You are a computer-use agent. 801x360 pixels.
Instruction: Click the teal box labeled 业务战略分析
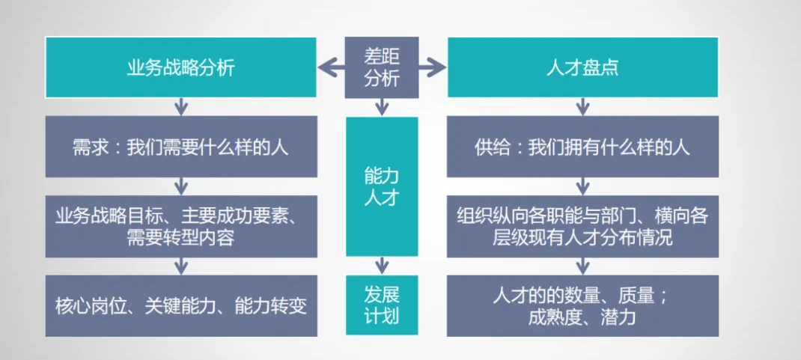tap(180, 67)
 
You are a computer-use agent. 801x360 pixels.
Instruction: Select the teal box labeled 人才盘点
tap(582, 67)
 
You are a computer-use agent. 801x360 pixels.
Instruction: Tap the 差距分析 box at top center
tap(381, 67)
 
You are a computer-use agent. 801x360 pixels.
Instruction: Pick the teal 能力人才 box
tap(381, 186)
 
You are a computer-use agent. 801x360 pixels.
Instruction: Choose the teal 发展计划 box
tap(381, 305)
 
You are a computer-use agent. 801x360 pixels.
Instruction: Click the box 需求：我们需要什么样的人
tap(180, 147)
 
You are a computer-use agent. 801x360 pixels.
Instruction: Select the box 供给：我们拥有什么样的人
tap(582, 147)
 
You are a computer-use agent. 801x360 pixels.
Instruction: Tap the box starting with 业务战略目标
tap(180, 226)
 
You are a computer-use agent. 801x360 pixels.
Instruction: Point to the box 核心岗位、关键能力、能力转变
tap(180, 305)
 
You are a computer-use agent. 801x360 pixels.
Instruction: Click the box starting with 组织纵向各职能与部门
tap(582, 226)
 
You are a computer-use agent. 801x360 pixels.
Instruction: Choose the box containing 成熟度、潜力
tap(582, 305)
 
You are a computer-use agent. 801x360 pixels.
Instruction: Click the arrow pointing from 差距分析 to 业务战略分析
tap(330, 68)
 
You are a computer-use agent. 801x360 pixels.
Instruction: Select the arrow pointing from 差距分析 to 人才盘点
tap(433, 68)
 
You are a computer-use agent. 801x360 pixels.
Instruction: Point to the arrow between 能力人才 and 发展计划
tap(382, 266)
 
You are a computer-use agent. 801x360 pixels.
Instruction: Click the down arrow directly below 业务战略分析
tap(180, 106)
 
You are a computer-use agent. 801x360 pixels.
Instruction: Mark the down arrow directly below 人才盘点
tap(582, 106)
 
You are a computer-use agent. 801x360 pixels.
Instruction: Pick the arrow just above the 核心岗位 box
tap(180, 266)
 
